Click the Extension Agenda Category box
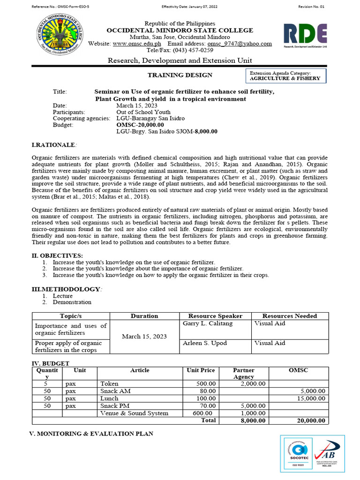point(286,76)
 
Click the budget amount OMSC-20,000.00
point(140,125)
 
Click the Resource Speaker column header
point(215,316)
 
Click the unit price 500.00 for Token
point(205,383)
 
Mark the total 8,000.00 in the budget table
point(253,420)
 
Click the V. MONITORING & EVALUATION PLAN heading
point(92,434)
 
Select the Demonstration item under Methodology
point(72,302)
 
